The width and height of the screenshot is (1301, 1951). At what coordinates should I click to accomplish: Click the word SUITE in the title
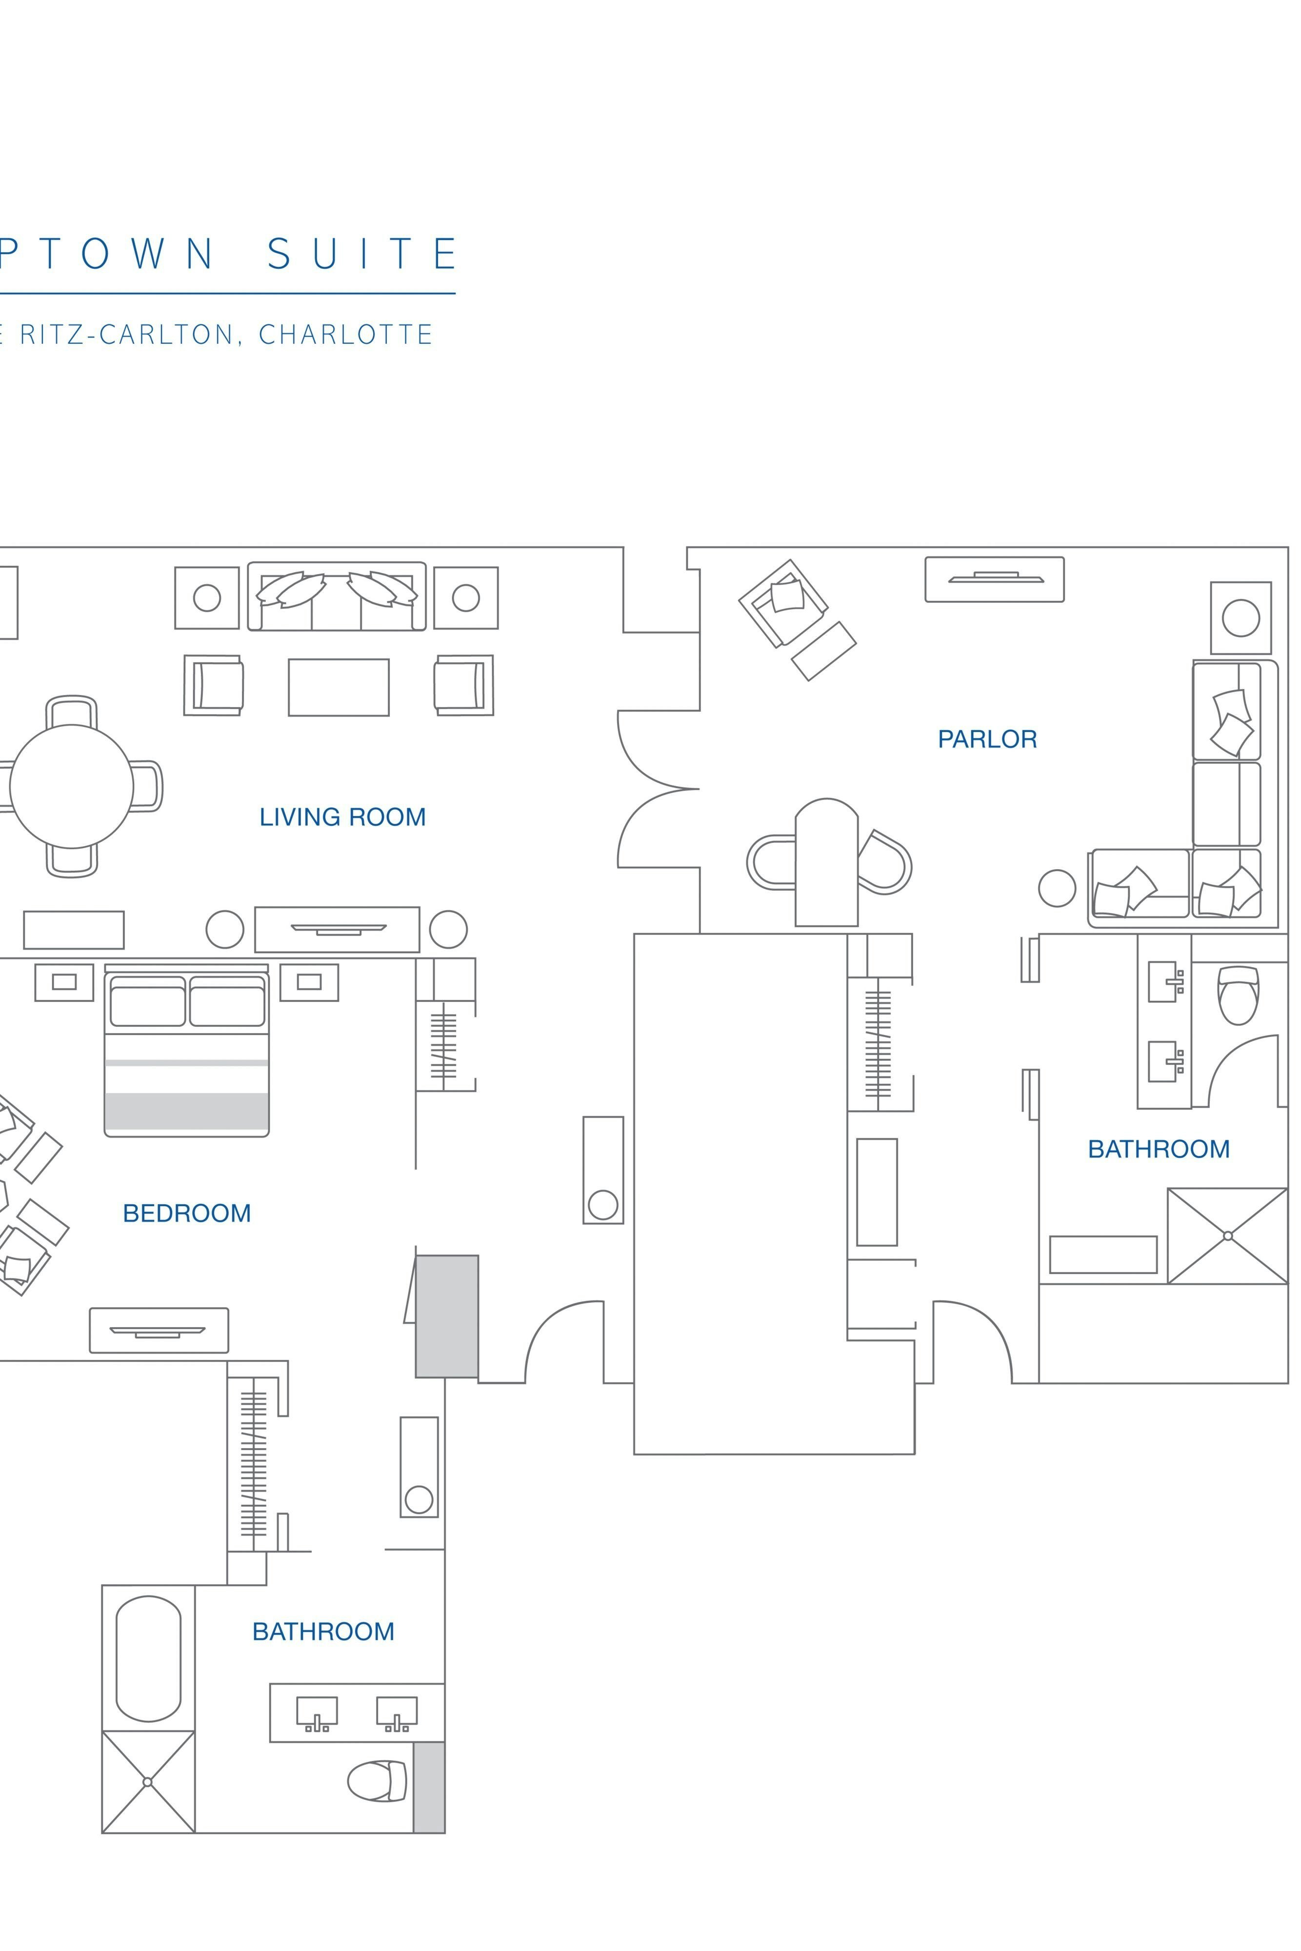pos(362,254)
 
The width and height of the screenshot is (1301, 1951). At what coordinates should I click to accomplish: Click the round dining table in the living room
pos(71,786)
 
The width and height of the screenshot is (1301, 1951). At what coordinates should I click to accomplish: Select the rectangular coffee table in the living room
pos(339,687)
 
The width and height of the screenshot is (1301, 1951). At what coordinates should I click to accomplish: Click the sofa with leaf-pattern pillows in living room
pos(337,597)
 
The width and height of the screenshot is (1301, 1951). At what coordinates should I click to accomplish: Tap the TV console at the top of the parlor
pos(994,579)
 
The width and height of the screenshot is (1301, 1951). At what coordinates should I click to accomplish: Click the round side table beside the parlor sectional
pos(1057,888)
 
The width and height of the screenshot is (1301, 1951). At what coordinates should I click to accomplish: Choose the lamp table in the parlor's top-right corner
pos(1241,618)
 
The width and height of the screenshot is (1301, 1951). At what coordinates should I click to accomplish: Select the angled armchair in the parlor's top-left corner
pos(782,603)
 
